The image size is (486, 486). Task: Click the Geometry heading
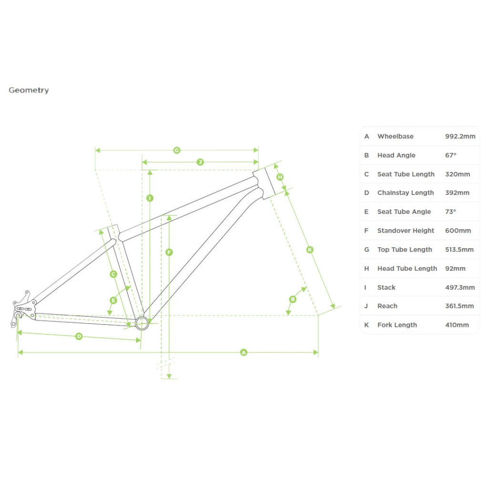[29, 90]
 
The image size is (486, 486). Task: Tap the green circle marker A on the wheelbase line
[244, 353]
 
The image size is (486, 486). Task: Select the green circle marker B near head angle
[293, 299]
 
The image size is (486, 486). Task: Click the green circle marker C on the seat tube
[113, 274]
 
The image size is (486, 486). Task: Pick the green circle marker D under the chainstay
[79, 336]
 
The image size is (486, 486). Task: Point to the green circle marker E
[113, 300]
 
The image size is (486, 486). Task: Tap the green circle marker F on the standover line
[169, 253]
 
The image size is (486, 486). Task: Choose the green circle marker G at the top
[177, 150]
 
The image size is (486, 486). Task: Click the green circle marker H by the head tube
[280, 177]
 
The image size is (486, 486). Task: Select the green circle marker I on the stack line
[150, 198]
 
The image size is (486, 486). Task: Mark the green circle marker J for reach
[200, 162]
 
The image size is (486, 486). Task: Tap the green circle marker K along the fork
[310, 249]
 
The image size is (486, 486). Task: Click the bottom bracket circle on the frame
[142, 323]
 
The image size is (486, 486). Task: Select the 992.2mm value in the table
[460, 136]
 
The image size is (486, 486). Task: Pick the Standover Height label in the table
[405, 231]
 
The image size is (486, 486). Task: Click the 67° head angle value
[450, 155]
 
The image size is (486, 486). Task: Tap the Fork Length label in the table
[397, 325]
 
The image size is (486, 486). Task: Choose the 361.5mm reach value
[459, 306]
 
